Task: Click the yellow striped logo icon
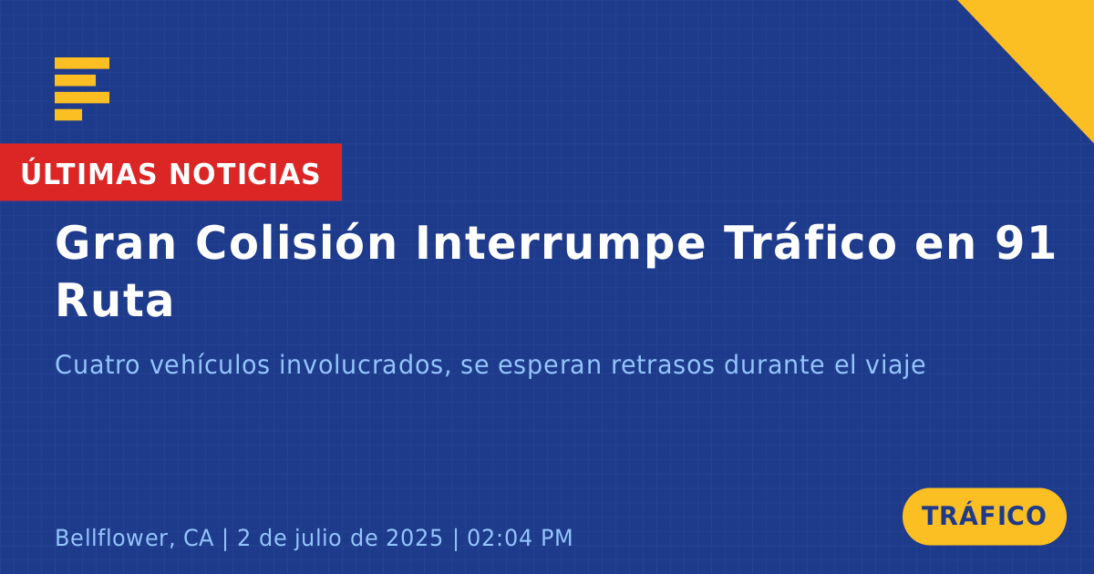(82, 89)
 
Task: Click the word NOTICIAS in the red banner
(244, 174)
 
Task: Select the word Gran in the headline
(115, 243)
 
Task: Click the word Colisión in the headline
(296, 242)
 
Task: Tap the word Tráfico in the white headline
(810, 242)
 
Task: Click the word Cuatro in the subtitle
(98, 364)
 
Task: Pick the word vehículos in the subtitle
(210, 364)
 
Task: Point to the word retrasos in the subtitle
(663, 365)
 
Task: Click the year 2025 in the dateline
(414, 538)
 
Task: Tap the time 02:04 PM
(520, 538)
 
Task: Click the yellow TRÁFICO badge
(984, 516)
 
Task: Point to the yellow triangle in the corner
(1050, 44)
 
